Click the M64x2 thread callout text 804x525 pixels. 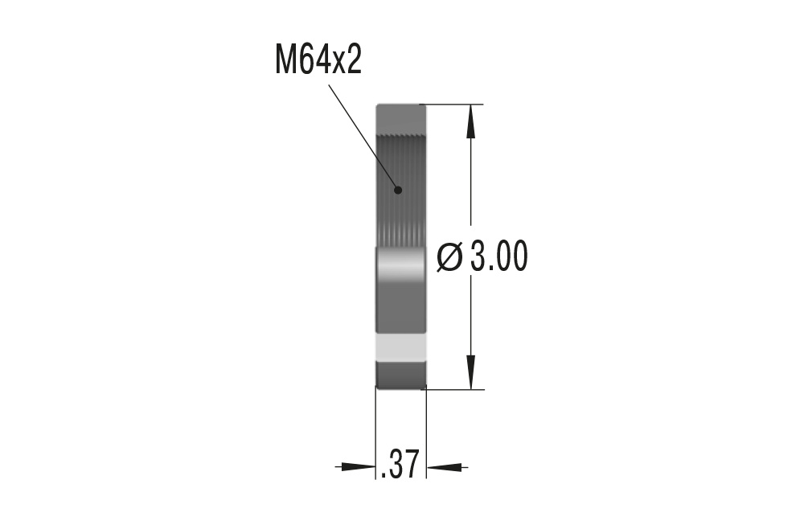[318, 61]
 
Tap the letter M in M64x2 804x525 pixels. [286, 61]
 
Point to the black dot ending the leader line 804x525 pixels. [397, 190]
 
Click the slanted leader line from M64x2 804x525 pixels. [363, 137]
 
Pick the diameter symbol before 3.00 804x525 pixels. [449, 257]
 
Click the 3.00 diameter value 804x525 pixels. [498, 257]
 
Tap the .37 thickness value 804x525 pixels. [400, 465]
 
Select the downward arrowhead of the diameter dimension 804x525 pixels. [471, 375]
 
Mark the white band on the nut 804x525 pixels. [400, 347]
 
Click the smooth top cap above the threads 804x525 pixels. [400, 116]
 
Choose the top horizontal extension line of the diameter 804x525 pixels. [454, 105]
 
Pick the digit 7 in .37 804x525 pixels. [411, 465]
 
